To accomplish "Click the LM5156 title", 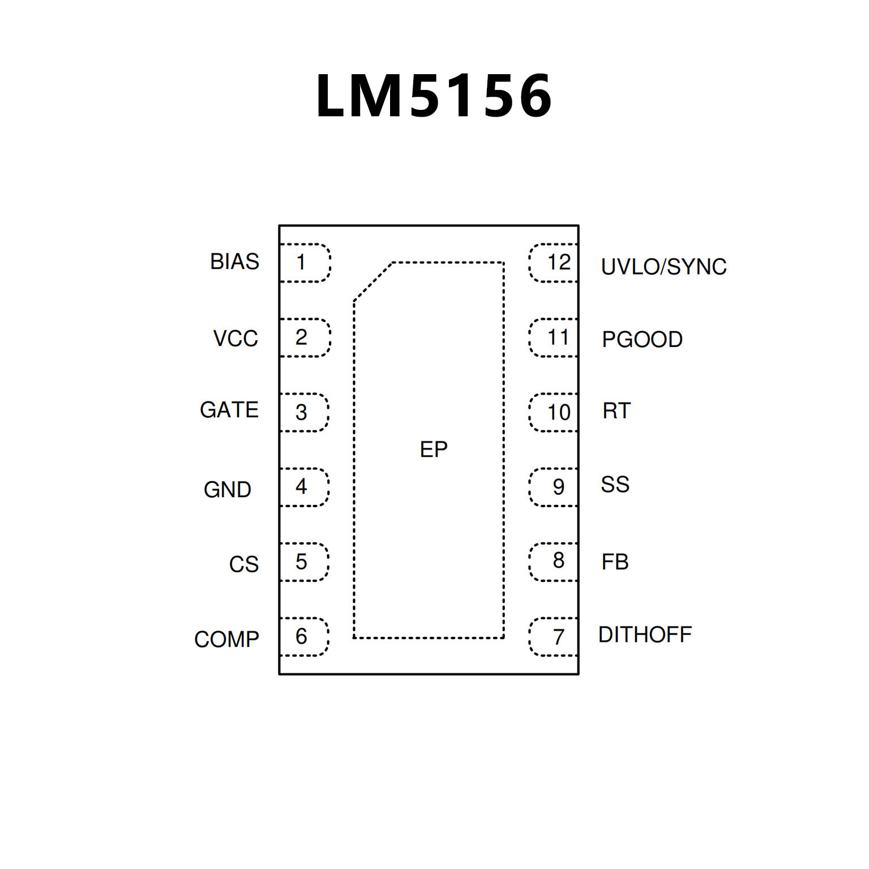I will [x=434, y=96].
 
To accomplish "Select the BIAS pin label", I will [x=234, y=262].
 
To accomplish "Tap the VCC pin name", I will [x=236, y=339].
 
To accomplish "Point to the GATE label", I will [x=229, y=410].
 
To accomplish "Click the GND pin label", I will [x=227, y=490].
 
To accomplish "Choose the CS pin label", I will [x=243, y=564].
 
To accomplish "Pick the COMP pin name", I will [x=226, y=639].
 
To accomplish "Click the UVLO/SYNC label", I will [x=663, y=267].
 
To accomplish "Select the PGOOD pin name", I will [x=642, y=340].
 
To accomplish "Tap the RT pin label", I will [x=616, y=411].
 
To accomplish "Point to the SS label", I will [x=615, y=485].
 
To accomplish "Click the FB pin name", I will [x=615, y=562].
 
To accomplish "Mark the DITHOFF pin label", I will [x=645, y=635].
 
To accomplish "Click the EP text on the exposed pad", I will [x=434, y=450].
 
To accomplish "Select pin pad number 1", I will [x=304, y=263].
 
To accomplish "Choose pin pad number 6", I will [x=303, y=637].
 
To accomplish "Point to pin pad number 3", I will [x=303, y=413].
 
